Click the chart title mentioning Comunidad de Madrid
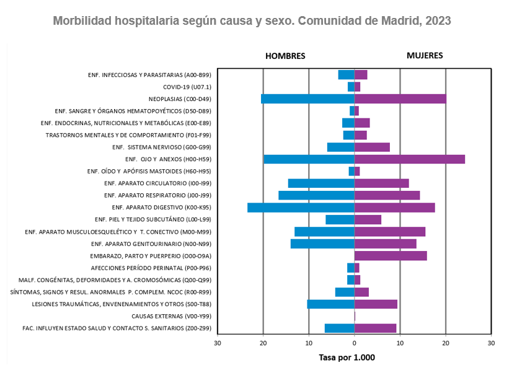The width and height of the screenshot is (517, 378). [x=252, y=20]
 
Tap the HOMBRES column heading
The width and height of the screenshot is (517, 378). [x=285, y=56]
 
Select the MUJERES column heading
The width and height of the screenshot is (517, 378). [x=425, y=55]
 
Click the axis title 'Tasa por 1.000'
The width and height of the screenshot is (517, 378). [x=347, y=358]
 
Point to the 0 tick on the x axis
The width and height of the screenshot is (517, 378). [x=354, y=342]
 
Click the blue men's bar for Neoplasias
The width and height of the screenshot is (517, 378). [x=307, y=99]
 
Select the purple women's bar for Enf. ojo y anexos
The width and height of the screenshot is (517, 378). [x=409, y=159]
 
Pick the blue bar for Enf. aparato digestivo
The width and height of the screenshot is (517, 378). [x=301, y=208]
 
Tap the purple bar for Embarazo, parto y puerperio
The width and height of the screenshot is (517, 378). [x=391, y=256]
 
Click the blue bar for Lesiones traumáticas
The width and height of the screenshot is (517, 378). [x=330, y=304]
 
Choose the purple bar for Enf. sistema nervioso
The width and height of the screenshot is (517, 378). [x=372, y=147]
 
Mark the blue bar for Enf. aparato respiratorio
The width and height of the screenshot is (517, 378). [x=316, y=195]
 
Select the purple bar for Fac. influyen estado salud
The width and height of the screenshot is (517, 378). [x=375, y=328]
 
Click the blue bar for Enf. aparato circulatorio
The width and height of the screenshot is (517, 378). [x=321, y=183]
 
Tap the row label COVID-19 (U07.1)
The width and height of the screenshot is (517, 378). [x=187, y=87]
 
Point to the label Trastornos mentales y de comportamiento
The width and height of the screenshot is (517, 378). [x=128, y=135]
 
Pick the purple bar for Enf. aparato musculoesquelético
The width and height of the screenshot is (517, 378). [x=389, y=232]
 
